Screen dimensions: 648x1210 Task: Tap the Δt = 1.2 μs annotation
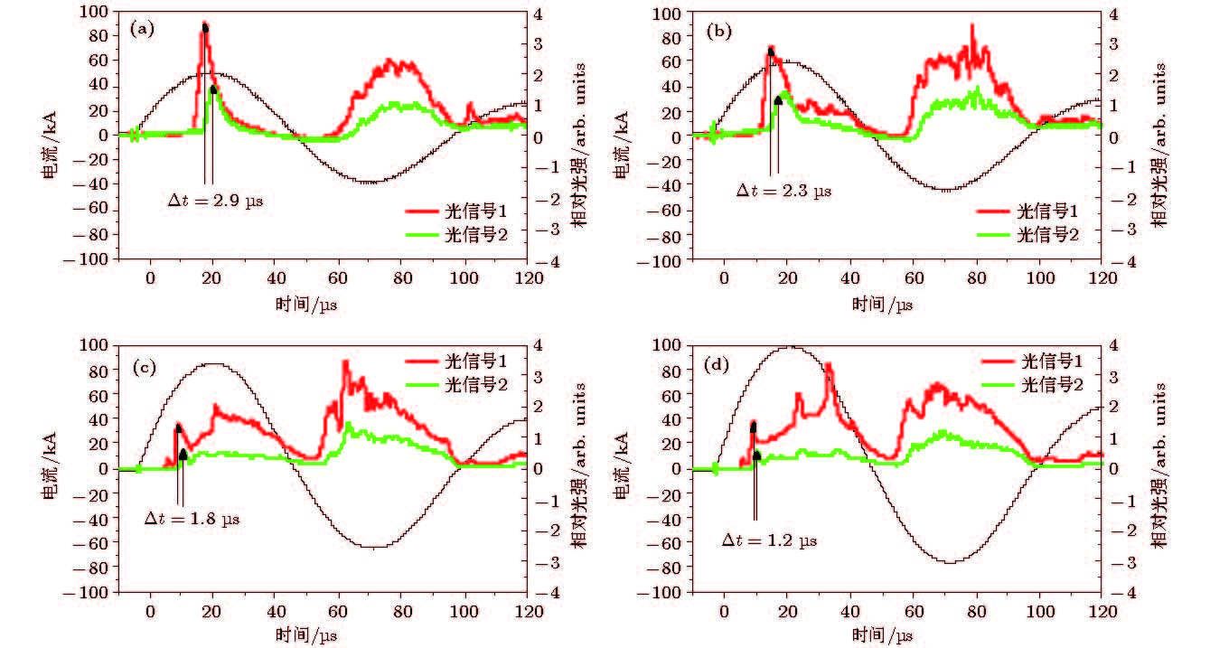769,540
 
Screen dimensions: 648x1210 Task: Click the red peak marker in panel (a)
205,28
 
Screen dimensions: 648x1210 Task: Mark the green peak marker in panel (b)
778,100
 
